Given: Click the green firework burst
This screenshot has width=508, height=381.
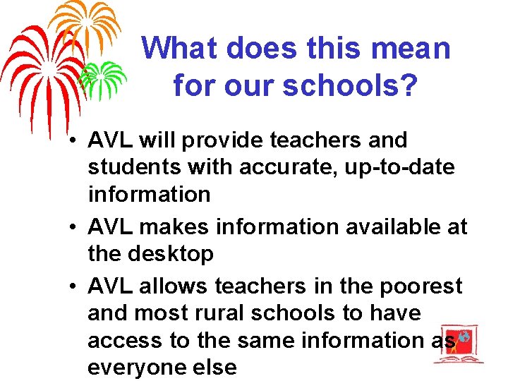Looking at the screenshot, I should pos(102,76).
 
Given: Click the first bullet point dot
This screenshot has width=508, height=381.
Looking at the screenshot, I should pos(73,140).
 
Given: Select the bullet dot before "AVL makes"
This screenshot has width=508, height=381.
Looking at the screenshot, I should pos(73,227).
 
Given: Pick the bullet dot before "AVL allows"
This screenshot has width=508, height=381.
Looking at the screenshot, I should pos(73,286).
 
